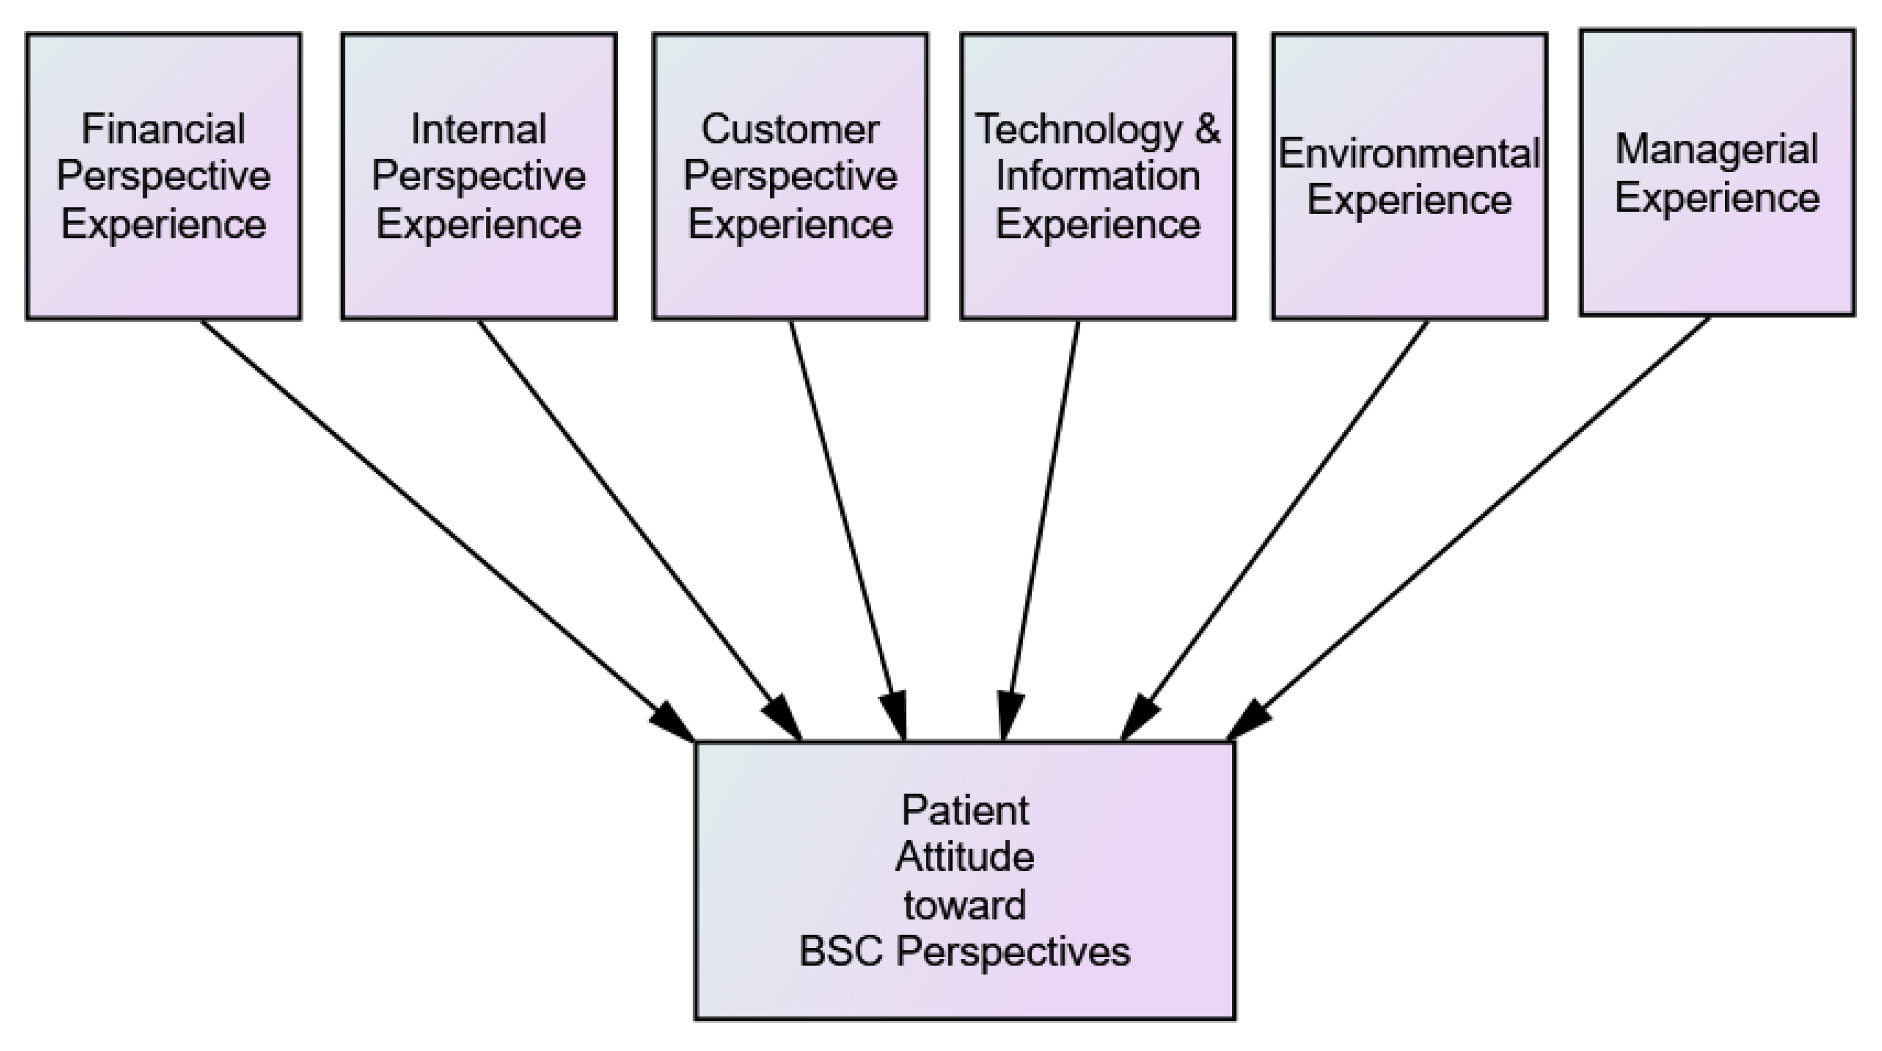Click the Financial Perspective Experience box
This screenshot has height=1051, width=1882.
[164, 176]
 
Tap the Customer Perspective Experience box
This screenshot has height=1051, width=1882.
[790, 176]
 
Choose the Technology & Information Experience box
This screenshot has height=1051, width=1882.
[1098, 176]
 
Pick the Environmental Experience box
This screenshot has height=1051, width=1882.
[1410, 176]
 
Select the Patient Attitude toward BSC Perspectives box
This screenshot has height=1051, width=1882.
[965, 880]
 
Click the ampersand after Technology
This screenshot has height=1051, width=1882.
[1208, 129]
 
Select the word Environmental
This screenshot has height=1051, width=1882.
[1410, 154]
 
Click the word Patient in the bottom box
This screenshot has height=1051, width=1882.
[965, 810]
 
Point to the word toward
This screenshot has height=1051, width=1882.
[965, 905]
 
